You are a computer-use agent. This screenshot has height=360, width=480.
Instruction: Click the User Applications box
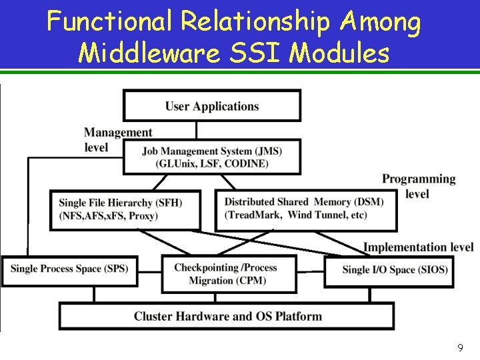[212, 106]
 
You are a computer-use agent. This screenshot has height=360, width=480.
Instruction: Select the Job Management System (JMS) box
[212, 157]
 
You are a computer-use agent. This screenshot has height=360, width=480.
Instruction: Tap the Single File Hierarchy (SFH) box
[125, 209]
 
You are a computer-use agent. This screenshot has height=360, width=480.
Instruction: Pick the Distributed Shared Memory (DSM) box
[306, 209]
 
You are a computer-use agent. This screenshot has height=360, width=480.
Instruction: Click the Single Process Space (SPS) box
[69, 269]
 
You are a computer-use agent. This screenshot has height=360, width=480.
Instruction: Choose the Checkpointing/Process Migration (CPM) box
[229, 274]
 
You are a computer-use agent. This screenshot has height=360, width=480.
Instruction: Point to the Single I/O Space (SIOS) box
[395, 270]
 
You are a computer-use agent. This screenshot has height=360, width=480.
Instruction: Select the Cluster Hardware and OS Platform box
[227, 316]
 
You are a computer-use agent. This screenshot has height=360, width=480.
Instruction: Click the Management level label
[117, 139]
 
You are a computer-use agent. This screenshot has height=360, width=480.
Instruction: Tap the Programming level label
[419, 186]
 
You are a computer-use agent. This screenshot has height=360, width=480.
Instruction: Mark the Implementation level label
[418, 247]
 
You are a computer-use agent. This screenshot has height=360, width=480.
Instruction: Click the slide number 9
[460, 347]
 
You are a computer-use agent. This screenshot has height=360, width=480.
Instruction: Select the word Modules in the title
[346, 52]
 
